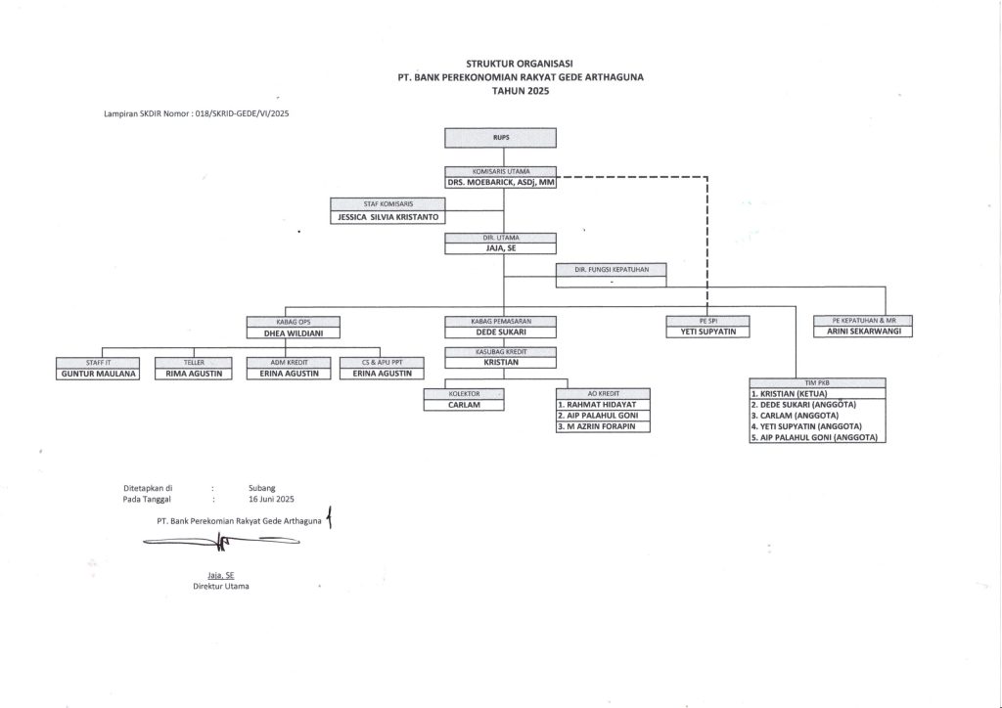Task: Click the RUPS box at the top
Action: (x=502, y=138)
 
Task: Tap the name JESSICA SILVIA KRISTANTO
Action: (x=387, y=215)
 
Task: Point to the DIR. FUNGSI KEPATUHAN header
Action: (x=612, y=268)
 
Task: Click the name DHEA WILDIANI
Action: (x=294, y=332)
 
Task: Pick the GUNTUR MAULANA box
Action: (x=98, y=373)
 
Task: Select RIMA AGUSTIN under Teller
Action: (x=194, y=373)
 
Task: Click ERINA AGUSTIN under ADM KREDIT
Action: (x=283, y=373)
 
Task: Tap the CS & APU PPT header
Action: (x=382, y=362)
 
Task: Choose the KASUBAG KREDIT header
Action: (x=502, y=351)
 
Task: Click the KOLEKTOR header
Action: (x=463, y=392)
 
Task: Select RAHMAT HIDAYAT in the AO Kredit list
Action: (x=604, y=403)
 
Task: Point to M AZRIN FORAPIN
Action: (x=604, y=426)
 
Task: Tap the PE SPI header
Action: (x=707, y=320)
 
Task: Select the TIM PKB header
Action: (x=817, y=382)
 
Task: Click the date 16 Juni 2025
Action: (x=271, y=499)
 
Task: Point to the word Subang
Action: (x=262, y=487)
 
